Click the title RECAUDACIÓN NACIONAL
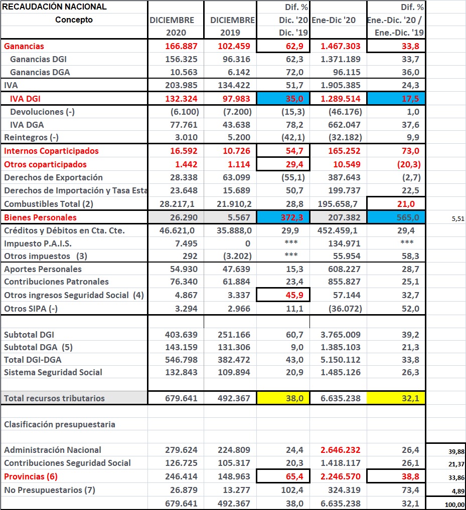[55, 7]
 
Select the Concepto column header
[74, 20]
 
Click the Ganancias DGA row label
[40, 72]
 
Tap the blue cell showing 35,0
[283, 99]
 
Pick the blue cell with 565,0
[396, 217]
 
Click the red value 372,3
[283, 217]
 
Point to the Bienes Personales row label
[41, 217]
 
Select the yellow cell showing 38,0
[283, 398]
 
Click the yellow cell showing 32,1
[396, 398]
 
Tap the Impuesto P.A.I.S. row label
[38, 243]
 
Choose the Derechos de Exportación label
[53, 177]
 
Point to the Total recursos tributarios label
[54, 398]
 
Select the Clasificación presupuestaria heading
[59, 424]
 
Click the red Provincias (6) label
[31, 476]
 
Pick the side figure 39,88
[456, 451]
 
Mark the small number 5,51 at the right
[457, 218]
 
